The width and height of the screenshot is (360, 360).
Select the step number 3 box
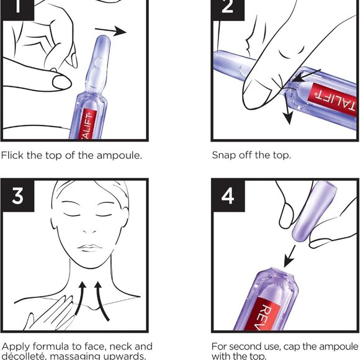point(18,196)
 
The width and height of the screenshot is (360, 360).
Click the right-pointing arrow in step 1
point(112,31)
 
